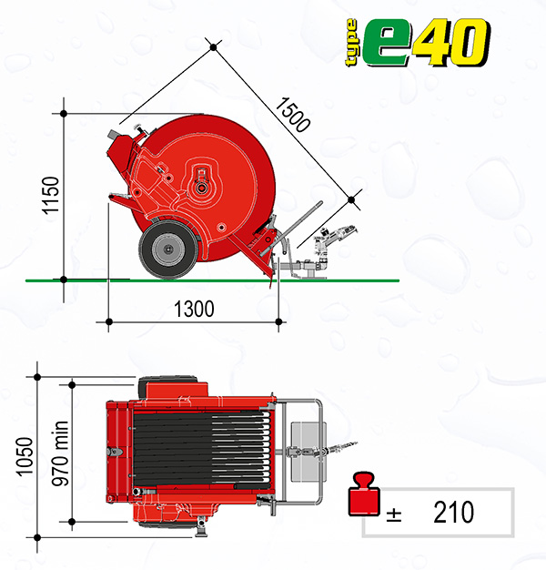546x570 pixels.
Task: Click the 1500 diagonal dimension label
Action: pos(293,115)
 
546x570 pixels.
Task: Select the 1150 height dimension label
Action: pos(50,196)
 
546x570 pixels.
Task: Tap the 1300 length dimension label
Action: pos(194,309)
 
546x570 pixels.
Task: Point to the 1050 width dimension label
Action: pos(25,456)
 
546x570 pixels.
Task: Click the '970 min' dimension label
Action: pos(60,453)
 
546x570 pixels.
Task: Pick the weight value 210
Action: pos(454,512)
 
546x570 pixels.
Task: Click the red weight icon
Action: pos(364,494)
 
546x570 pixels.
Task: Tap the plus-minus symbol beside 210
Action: pos(394,514)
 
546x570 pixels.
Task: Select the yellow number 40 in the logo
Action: pos(451,43)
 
